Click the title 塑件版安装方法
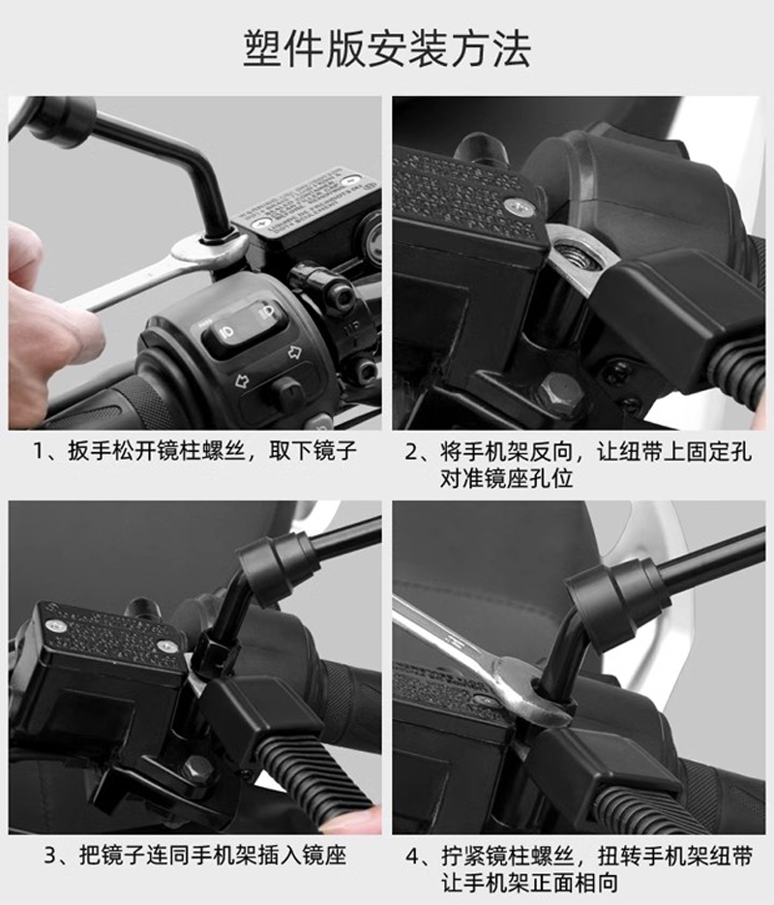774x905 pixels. pyautogui.click(x=387, y=48)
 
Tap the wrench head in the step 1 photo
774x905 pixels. pyautogui.click(x=209, y=250)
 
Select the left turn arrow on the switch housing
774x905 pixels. pyautogui.click(x=241, y=381)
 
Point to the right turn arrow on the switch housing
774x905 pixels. pyautogui.click(x=295, y=351)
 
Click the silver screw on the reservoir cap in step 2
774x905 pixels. pyautogui.click(x=518, y=206)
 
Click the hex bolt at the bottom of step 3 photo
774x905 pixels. pyautogui.click(x=196, y=770)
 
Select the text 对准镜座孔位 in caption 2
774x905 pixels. pyautogui.click(x=506, y=478)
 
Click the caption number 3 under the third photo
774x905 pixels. pyautogui.click(x=51, y=856)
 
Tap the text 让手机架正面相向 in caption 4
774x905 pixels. pyautogui.click(x=529, y=883)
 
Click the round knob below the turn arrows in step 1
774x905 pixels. pyautogui.click(x=286, y=391)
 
